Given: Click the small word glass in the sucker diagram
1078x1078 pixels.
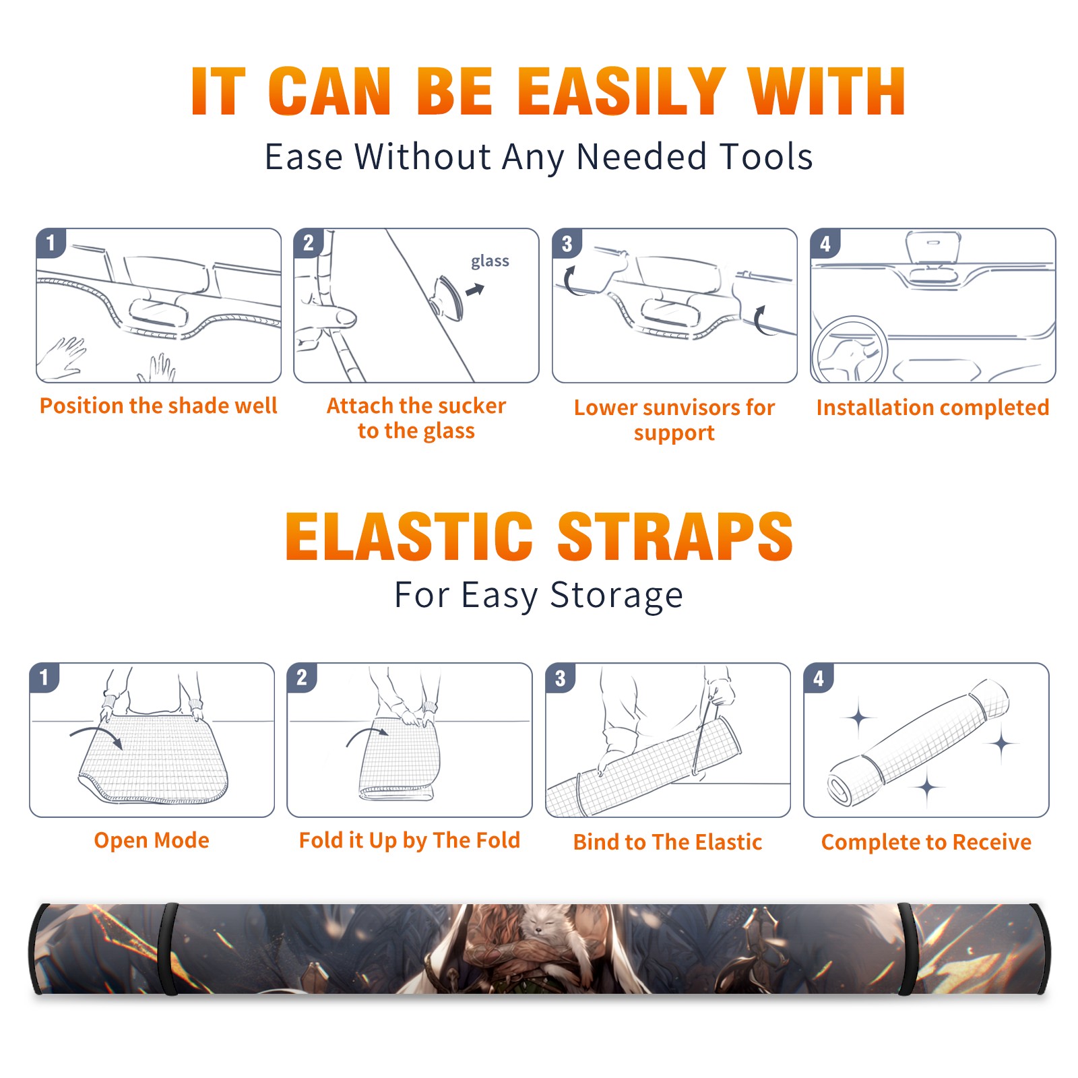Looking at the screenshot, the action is (x=490, y=261).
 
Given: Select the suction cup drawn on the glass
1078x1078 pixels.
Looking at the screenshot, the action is (x=447, y=298).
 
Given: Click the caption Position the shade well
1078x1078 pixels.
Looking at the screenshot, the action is (x=158, y=406).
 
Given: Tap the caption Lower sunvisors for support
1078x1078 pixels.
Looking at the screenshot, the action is (x=674, y=420).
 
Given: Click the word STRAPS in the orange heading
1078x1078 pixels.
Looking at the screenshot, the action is (x=675, y=536).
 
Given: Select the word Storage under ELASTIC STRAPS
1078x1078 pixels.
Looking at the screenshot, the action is (x=616, y=596).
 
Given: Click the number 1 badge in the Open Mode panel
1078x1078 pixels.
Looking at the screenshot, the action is (x=44, y=677).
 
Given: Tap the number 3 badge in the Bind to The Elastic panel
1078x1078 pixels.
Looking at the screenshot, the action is (x=561, y=678).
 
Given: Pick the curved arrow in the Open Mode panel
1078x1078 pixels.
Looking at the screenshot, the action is (x=96, y=736).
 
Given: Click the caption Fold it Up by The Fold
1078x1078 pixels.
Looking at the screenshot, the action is (x=410, y=840).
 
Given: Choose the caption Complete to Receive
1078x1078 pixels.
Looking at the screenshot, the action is (x=926, y=842).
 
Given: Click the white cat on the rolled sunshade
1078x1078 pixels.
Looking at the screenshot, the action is (x=546, y=926).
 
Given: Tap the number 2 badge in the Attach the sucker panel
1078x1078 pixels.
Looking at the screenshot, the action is (x=309, y=243).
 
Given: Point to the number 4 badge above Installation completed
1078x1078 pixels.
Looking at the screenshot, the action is (x=825, y=243).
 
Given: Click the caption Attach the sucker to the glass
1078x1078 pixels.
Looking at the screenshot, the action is (x=416, y=418).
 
